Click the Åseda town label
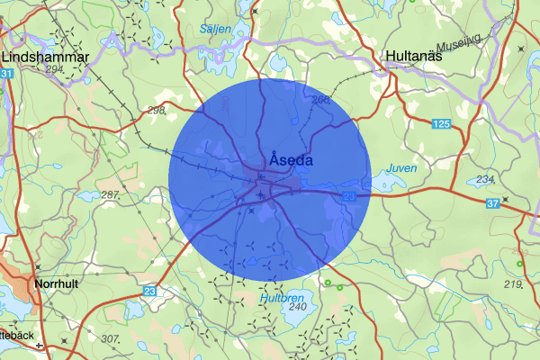coord(290,160)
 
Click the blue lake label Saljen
coord(216,29)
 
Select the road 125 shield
coord(440,122)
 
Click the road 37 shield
coord(492,204)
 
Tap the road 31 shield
coord(7,73)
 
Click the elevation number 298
coord(157,110)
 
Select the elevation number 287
coord(112,194)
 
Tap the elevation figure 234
coord(485,180)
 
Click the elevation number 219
coord(513,284)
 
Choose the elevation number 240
coord(297,307)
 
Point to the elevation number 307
coord(111,338)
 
